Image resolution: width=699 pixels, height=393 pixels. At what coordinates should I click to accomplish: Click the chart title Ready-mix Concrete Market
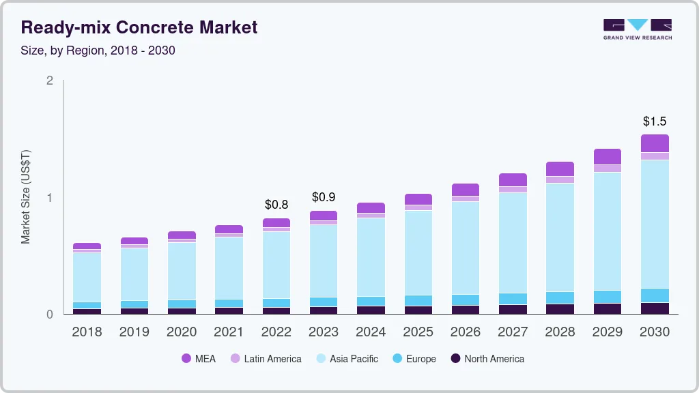click(139, 28)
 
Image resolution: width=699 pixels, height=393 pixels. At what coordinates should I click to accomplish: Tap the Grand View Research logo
click(637, 29)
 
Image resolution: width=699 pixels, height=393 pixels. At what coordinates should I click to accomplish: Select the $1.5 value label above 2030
click(655, 121)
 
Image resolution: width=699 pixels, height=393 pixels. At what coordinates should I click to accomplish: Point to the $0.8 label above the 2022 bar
click(276, 204)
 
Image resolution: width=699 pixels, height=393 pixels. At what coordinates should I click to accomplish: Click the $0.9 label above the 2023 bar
click(324, 197)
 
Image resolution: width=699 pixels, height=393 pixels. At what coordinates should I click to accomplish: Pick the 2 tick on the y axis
click(49, 81)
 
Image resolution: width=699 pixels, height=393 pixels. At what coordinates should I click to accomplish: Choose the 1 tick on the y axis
click(49, 198)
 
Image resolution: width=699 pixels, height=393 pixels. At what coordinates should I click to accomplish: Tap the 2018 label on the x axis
click(87, 332)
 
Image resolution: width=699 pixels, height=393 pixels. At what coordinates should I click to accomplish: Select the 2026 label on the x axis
click(466, 332)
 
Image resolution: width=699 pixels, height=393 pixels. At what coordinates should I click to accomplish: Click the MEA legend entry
click(199, 358)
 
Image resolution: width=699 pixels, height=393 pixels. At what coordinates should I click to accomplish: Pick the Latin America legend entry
click(266, 358)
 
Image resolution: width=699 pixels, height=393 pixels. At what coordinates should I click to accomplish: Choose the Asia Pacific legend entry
click(346, 358)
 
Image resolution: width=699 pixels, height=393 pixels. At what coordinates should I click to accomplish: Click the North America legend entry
click(487, 358)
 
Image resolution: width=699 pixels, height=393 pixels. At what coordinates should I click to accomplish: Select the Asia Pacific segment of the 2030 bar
click(655, 224)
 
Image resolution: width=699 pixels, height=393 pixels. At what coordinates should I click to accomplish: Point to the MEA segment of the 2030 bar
click(655, 143)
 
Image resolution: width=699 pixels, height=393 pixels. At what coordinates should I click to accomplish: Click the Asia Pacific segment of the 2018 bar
click(87, 277)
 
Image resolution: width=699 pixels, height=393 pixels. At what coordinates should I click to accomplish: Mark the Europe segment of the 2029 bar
click(608, 297)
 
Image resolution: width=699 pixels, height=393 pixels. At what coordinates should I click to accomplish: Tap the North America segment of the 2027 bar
click(513, 309)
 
